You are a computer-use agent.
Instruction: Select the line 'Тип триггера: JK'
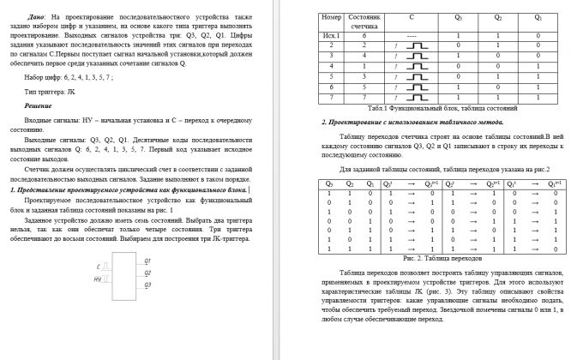click(52, 90)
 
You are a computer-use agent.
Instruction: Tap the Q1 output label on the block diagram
click(147, 260)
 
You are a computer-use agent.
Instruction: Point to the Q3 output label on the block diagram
click(147, 284)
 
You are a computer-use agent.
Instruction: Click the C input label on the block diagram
click(99, 267)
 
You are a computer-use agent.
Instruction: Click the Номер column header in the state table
click(330, 17)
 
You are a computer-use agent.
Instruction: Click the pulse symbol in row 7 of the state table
click(415, 99)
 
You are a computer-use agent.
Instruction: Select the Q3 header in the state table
click(459, 17)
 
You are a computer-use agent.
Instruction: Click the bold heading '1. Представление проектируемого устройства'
click(129, 189)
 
